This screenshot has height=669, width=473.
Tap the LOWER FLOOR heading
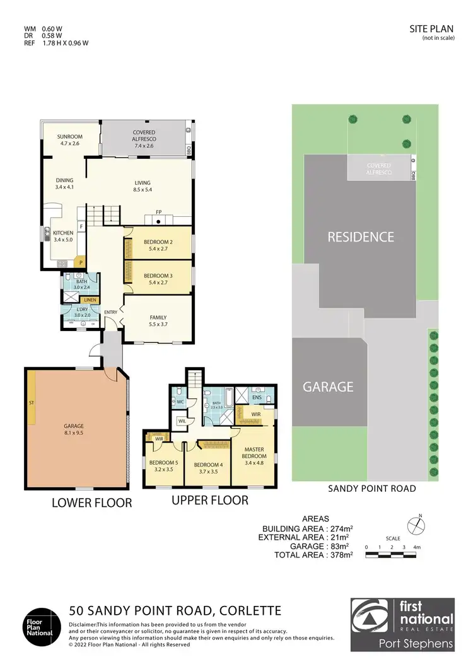(93, 503)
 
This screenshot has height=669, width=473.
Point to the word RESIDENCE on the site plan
(360, 238)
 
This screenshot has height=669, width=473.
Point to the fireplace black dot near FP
(160, 221)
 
